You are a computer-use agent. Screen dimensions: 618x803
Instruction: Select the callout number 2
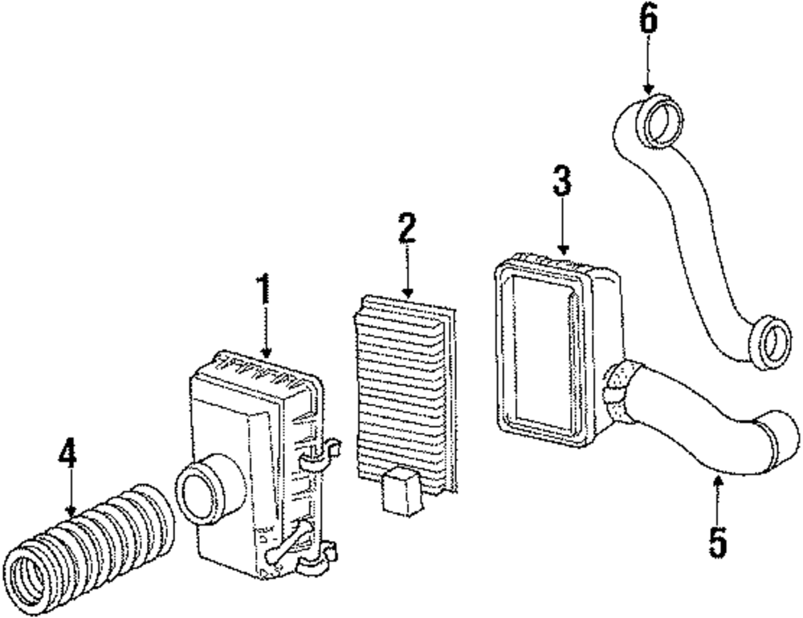(x=407, y=228)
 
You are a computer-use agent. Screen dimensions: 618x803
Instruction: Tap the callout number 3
(x=561, y=184)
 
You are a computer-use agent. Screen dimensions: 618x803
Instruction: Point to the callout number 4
(x=69, y=454)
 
